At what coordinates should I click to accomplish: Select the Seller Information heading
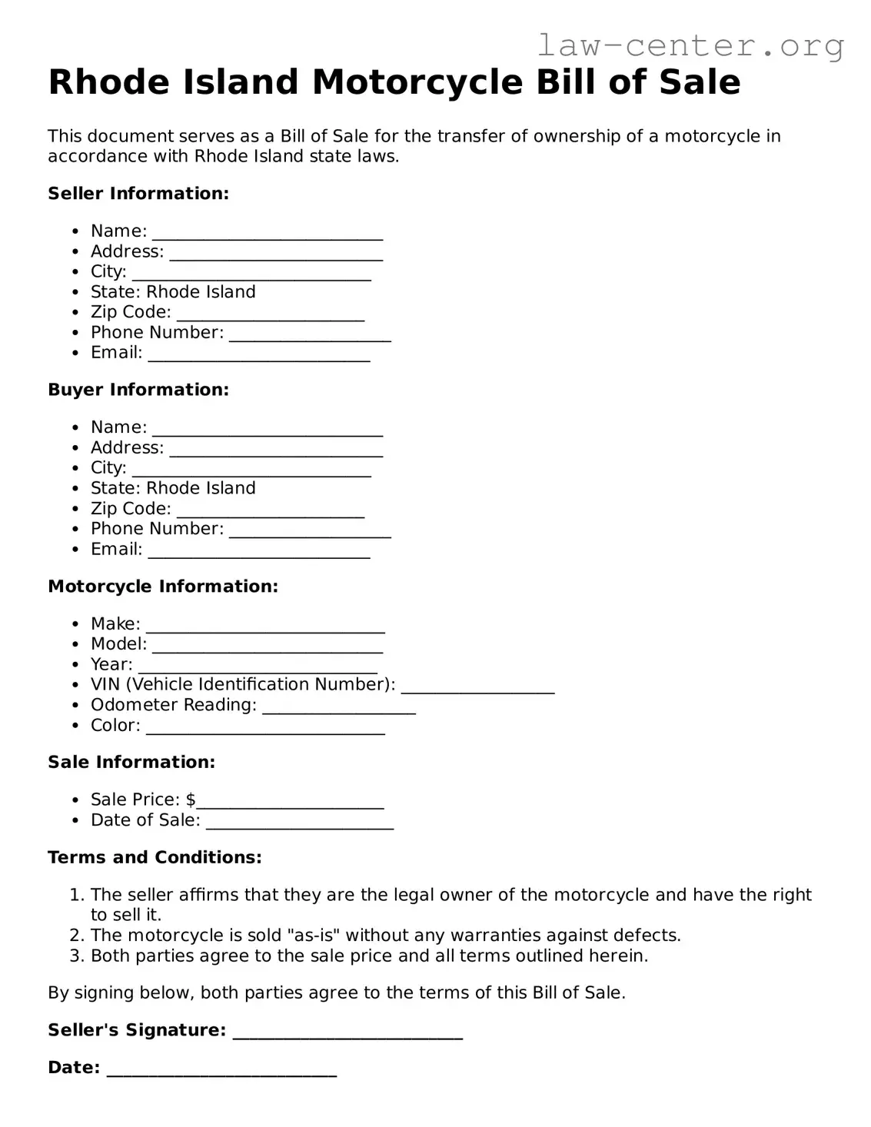[138, 194]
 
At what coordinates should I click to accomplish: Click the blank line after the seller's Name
[267, 233]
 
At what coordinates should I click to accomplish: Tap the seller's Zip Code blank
[270, 314]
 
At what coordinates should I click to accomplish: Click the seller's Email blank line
[258, 355]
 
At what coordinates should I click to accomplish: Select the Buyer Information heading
[138, 390]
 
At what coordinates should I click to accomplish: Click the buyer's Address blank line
[276, 450]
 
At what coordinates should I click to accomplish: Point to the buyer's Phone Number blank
[310, 531]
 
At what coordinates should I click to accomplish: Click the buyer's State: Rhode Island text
[173, 488]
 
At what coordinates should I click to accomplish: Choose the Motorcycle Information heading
[163, 587]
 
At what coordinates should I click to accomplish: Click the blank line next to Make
[265, 626]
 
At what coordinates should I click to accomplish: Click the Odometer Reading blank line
[338, 707]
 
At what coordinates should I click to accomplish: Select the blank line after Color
[265, 728]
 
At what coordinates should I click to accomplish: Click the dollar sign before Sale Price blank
[191, 800]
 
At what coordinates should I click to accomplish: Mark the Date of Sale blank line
[300, 823]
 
